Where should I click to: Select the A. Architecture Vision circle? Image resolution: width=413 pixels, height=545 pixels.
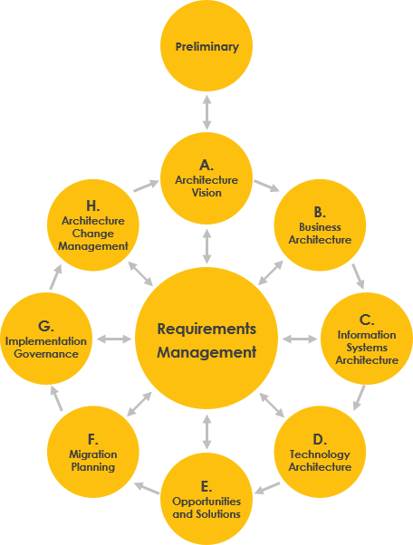point(206,178)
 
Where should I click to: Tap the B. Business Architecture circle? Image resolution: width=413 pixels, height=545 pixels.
point(320,225)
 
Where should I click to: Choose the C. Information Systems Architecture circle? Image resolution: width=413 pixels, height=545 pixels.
point(366,339)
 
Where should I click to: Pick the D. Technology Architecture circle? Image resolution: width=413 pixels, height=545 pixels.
point(320,452)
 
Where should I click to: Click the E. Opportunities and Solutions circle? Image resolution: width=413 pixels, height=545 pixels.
point(206,499)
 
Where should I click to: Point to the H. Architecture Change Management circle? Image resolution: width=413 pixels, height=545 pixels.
point(92,225)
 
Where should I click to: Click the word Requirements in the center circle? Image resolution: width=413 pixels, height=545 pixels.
point(206,329)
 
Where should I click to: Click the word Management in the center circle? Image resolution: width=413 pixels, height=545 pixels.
point(206,352)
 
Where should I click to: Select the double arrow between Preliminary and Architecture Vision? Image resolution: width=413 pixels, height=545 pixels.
point(206,110)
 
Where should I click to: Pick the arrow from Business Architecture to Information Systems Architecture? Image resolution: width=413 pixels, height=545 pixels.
point(358,275)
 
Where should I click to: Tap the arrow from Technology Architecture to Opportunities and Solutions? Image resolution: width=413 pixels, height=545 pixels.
point(266,491)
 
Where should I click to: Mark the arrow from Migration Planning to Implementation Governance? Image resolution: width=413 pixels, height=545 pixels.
point(55,396)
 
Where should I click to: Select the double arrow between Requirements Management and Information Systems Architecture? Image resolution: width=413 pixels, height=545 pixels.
point(299,339)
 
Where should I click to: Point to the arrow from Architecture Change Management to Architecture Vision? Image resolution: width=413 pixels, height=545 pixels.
point(146,186)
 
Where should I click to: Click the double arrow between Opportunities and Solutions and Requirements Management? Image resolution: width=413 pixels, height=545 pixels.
point(207,432)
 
